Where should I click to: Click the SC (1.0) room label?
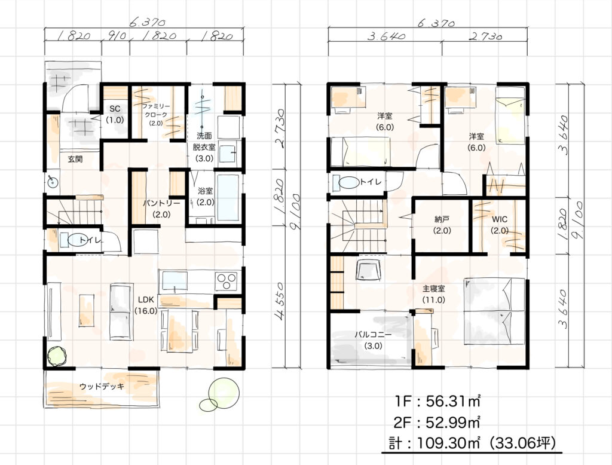[x=115, y=114]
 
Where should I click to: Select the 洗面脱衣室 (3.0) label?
[x=204, y=147]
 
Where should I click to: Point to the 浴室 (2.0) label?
[x=206, y=197]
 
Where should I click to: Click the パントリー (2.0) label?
[x=161, y=209]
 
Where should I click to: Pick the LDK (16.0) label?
[x=146, y=305]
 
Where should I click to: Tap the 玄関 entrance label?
[x=75, y=159]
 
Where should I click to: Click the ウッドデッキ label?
[x=102, y=386]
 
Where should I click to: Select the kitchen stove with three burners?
[x=227, y=282]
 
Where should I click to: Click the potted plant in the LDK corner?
[x=57, y=356]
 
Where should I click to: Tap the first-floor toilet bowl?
[x=78, y=239]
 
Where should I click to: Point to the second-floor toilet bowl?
[x=349, y=182]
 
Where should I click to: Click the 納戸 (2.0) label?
[x=442, y=225]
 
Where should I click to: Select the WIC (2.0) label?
[x=500, y=225]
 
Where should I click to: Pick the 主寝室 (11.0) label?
[x=434, y=294]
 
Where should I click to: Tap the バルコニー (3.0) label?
[x=373, y=340]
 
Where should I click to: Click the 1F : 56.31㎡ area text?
[x=437, y=401]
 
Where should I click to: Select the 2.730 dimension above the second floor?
[x=485, y=36]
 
